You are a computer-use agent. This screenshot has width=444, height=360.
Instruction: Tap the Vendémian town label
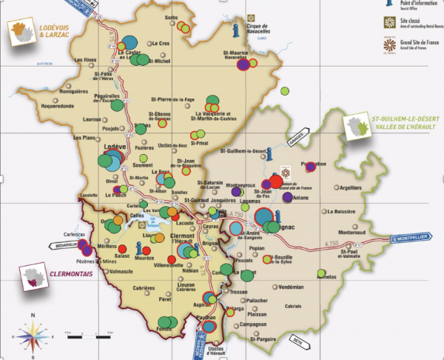click(x=286, y=287)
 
